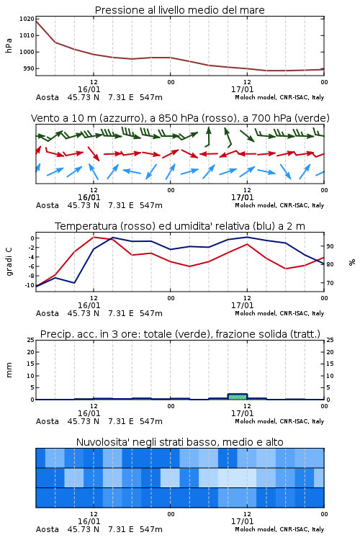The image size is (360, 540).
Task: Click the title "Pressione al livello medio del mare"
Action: [179, 10]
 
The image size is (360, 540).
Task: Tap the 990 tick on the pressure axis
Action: [29, 68]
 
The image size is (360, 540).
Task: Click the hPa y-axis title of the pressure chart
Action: [9, 46]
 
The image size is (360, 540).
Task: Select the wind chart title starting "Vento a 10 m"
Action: [180, 118]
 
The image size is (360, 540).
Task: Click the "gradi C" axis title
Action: [9, 262]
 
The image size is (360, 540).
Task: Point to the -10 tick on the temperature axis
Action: [30, 285]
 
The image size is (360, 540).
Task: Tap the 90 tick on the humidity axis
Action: [330, 246]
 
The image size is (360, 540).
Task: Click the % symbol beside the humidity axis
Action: [352, 262]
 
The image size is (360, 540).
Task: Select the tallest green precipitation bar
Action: [238, 397]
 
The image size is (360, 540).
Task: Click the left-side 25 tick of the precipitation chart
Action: [31, 340]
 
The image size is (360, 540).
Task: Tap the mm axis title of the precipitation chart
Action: [9, 370]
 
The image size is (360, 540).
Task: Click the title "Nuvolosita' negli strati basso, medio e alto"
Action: [179, 442]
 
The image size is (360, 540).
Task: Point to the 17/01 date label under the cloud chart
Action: [242, 521]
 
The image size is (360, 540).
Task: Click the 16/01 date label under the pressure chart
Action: [89, 89]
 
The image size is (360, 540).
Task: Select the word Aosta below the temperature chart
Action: [48, 313]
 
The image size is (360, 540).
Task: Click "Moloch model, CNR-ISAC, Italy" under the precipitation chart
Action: [279, 421]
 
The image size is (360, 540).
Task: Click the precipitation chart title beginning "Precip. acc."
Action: [180, 334]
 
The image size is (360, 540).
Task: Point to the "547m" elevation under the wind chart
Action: [151, 205]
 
